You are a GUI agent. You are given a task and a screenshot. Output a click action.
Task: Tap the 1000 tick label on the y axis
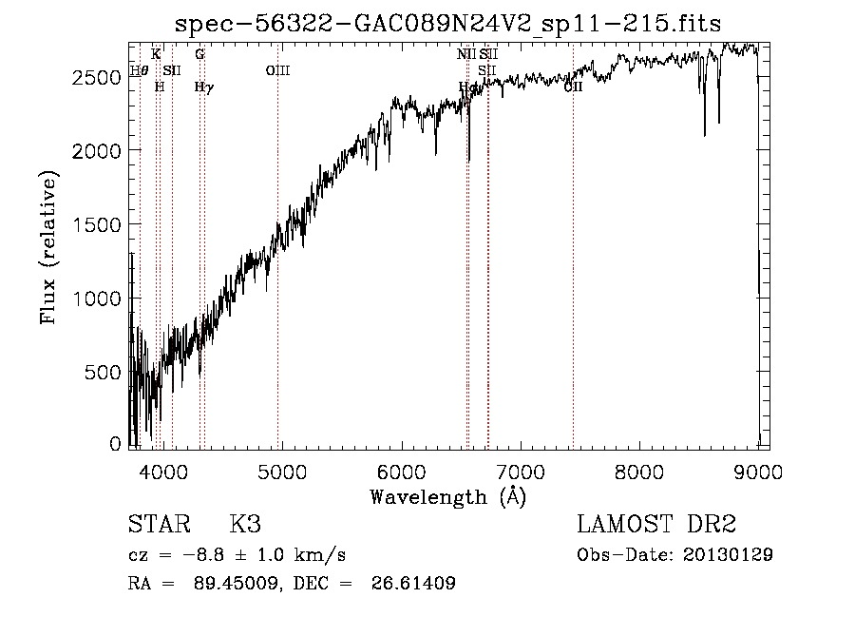[x=97, y=299]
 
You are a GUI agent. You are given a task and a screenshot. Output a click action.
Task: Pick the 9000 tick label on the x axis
[x=757, y=470]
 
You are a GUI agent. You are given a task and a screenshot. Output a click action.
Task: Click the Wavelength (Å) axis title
[x=447, y=496]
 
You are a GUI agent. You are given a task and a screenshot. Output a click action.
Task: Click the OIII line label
[x=277, y=70]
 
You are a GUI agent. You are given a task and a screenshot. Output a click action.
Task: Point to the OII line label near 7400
[x=573, y=87]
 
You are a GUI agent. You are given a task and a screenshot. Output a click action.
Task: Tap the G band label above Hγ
[x=199, y=54]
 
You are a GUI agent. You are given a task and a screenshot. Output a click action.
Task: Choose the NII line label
[x=465, y=54]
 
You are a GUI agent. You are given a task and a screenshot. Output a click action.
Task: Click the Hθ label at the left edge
[x=139, y=70]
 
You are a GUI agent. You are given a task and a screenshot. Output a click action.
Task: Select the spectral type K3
[x=245, y=525]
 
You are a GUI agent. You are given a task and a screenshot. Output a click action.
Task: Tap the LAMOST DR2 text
[x=656, y=525]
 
